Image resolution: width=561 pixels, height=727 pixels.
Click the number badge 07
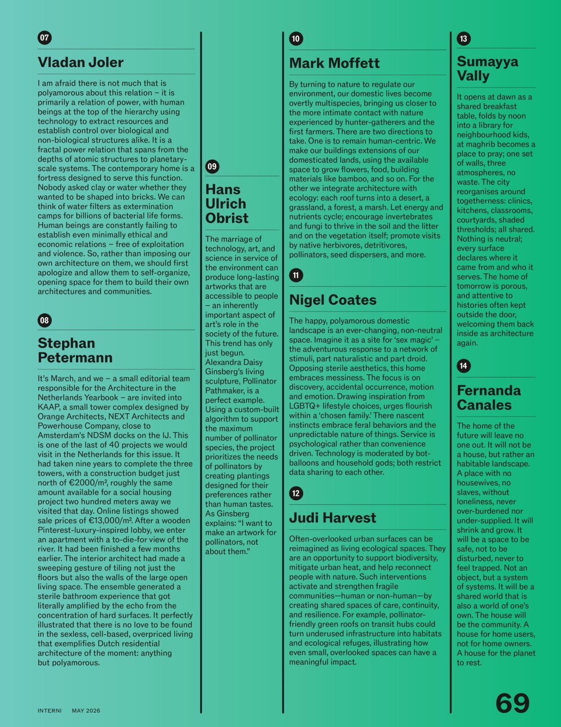[44, 38]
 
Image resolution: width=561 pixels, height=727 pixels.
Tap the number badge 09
[212, 166]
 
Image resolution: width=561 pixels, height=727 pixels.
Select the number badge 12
[296, 493]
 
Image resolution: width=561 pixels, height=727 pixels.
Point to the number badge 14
[463, 366]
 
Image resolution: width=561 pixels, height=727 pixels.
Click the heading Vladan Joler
[80, 62]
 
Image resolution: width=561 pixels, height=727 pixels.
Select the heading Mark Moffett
[334, 63]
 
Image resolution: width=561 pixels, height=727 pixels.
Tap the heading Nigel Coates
[333, 300]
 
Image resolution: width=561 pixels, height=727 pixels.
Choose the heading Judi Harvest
[333, 518]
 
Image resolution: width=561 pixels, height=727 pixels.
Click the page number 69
[512, 703]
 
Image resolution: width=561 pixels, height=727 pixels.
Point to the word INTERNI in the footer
[49, 711]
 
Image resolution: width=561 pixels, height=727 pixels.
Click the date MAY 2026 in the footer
[86, 711]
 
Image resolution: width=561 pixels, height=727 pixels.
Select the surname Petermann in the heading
[75, 358]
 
